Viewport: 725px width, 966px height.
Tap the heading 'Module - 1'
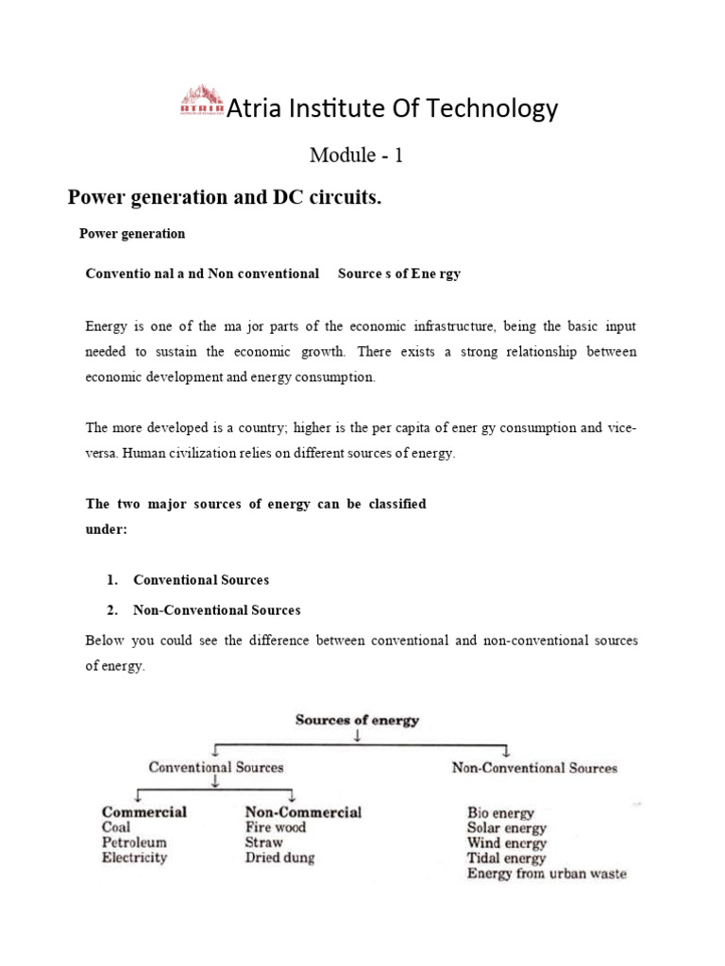357,156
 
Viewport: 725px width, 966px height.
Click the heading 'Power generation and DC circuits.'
224,197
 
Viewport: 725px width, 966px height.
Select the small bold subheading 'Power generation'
132,233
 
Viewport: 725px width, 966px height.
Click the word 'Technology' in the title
498,109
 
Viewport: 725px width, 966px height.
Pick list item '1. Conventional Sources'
201,579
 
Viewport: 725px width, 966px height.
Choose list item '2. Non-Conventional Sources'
217,610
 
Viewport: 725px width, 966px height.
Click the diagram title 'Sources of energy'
357,720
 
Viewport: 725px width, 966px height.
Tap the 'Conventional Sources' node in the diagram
215,767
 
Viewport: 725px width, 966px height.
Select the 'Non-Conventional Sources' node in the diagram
534,768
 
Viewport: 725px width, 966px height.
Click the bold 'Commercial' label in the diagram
144,811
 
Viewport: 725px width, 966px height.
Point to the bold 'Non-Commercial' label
303,811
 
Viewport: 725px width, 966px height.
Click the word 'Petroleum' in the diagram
134,842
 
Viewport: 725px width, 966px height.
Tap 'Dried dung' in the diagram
280,858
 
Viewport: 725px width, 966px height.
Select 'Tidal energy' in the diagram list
506,858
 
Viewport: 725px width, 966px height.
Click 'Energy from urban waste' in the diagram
547,874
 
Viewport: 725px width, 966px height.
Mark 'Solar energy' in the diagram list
506,827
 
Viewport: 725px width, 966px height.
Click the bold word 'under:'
106,530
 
